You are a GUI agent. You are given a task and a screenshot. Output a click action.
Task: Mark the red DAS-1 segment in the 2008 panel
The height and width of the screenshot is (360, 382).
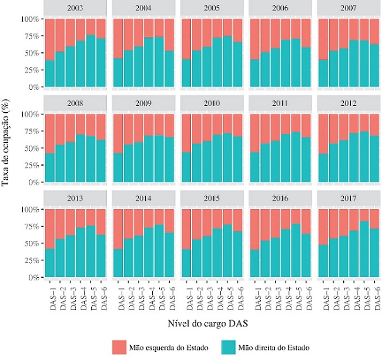(x=50, y=133)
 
